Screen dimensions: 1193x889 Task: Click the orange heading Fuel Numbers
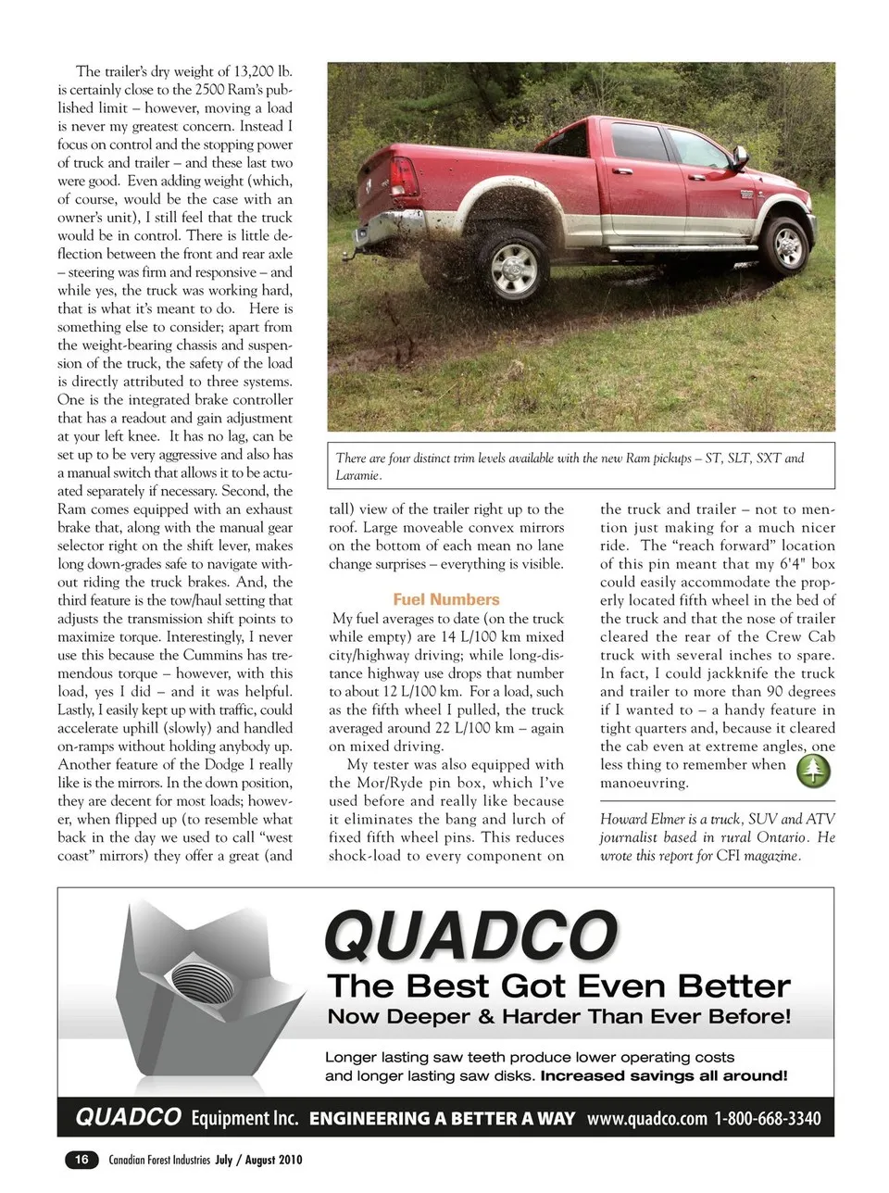point(445,599)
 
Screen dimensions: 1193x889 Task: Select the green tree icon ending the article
point(814,770)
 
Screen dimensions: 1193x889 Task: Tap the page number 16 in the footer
point(81,1159)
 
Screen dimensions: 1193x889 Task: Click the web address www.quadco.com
point(646,1118)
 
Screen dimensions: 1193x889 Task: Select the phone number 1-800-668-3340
point(767,1118)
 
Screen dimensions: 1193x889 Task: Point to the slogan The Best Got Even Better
point(558,985)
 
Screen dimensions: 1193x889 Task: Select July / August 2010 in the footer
point(258,1160)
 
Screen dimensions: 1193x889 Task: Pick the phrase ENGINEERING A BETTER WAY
point(442,1118)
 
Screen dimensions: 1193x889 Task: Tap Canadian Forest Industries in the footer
point(159,1160)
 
